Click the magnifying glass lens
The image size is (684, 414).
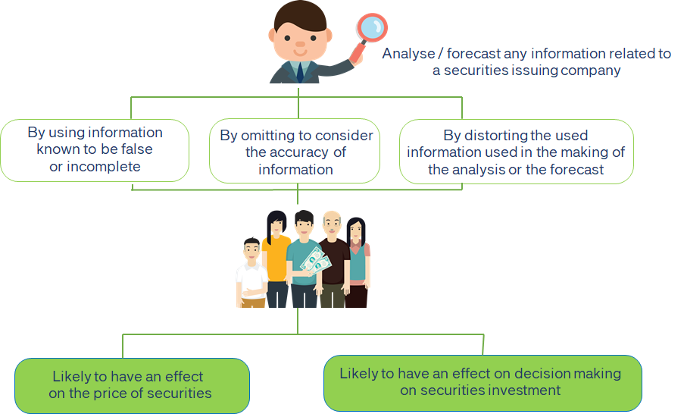(372, 27)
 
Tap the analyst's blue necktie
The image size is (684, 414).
(300, 72)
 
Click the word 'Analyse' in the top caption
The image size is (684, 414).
(408, 54)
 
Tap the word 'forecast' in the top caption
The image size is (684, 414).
(473, 54)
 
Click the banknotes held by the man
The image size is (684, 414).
(315, 262)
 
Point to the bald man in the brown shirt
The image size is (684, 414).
(333, 259)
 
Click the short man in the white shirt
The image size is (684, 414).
(251, 273)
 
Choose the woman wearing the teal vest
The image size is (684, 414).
(358, 262)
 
